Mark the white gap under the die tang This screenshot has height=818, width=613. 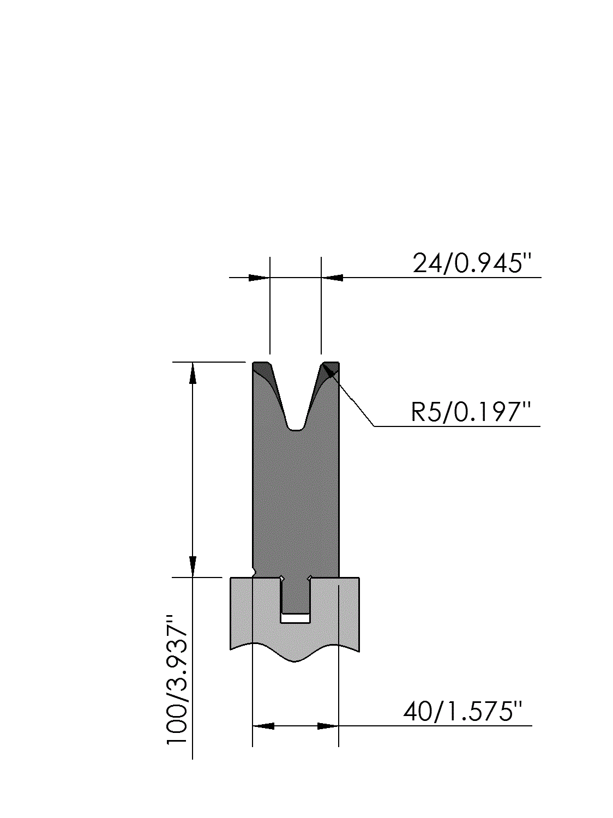pyautogui.click(x=296, y=618)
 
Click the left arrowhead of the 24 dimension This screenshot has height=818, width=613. pyautogui.click(x=259, y=278)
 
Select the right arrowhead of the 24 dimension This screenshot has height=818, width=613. pyautogui.click(x=332, y=278)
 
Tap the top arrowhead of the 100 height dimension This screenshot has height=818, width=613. pyautogui.click(x=193, y=372)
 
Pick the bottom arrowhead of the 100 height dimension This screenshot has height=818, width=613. pyautogui.click(x=193, y=567)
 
